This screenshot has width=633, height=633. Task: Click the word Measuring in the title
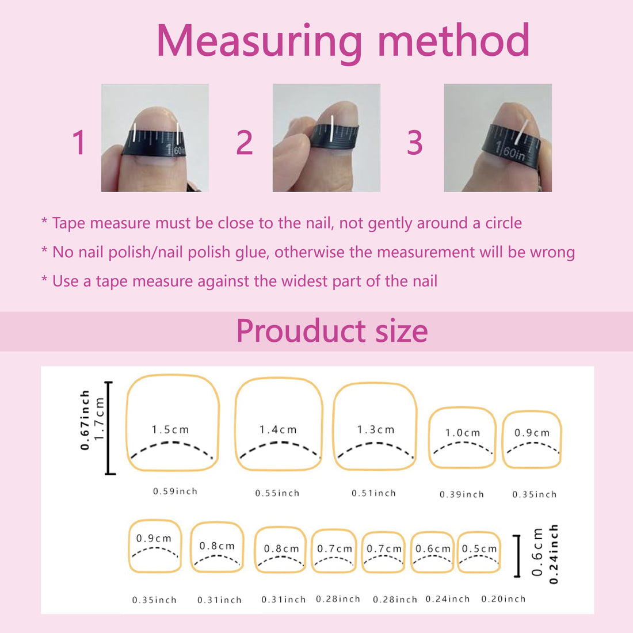[260, 41]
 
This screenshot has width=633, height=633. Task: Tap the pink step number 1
[79, 143]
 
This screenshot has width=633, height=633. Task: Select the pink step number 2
[244, 143]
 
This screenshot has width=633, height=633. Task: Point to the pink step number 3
[414, 143]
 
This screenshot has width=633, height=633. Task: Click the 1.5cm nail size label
[170, 429]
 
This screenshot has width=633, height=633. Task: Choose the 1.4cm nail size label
[278, 429]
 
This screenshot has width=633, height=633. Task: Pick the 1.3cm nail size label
[375, 429]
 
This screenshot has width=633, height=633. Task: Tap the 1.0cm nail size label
[463, 433]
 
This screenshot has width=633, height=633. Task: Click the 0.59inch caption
[175, 491]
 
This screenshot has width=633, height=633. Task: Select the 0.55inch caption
[277, 493]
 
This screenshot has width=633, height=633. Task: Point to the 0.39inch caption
[462, 494]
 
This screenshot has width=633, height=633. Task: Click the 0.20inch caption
[504, 598]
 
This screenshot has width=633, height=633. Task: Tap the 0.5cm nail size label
[479, 548]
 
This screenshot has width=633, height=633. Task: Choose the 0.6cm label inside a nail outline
[433, 548]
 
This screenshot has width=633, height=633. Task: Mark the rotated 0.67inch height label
[85, 420]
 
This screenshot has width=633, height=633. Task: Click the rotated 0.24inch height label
[554, 554]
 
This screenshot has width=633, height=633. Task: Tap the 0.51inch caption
[374, 493]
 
